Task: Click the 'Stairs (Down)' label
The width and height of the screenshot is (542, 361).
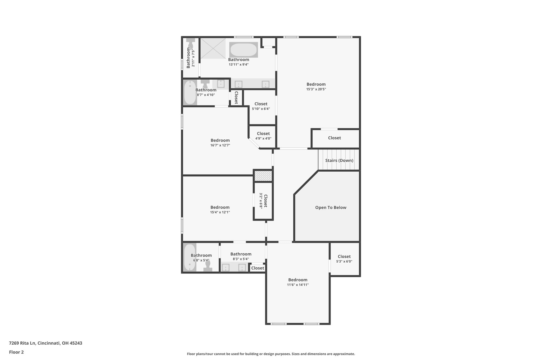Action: coord(339,161)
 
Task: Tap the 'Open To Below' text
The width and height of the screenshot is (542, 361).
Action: coord(331,208)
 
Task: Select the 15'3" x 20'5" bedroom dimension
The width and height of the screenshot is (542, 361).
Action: coord(316,89)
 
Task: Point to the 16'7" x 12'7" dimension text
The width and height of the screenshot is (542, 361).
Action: coord(220,145)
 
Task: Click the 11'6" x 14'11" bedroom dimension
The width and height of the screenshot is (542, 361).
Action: coord(298,285)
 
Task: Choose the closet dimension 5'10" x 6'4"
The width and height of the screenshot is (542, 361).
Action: coord(261,109)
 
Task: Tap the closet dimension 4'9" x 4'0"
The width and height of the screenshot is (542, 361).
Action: coord(263,139)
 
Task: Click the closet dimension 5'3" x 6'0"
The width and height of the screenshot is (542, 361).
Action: coord(344,262)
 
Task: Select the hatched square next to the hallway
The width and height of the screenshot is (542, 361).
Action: coord(263,176)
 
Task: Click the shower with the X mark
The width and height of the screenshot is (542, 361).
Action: coord(213,48)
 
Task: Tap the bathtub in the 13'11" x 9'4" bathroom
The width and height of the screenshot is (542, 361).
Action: coord(243,50)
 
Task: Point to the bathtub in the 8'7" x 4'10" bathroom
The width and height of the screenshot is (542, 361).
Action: coord(190,93)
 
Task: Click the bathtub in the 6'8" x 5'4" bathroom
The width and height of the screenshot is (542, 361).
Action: coord(189,257)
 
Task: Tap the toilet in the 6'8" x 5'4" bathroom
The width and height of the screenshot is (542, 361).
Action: coord(208,266)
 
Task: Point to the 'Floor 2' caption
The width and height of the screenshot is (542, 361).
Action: coord(16,352)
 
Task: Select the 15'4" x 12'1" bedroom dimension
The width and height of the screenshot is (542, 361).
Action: coord(220,212)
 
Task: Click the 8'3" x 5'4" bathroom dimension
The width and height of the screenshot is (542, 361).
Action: coord(241,259)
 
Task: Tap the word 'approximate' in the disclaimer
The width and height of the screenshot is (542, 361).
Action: coord(344,354)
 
